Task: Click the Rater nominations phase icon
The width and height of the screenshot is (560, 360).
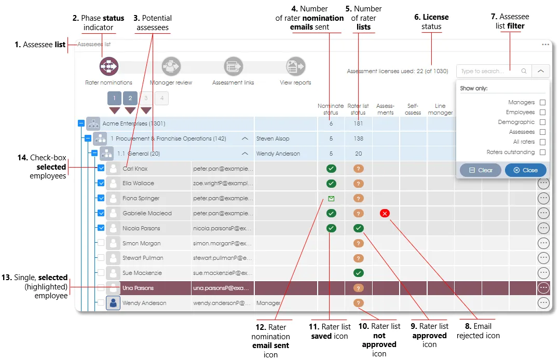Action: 109,66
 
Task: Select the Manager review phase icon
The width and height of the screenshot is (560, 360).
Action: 171,66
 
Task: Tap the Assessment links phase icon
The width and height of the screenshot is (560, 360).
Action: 234,66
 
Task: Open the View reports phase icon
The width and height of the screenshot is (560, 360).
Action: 295,66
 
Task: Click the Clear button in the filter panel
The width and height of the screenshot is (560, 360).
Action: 480,170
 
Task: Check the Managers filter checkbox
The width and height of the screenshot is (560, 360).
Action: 542,103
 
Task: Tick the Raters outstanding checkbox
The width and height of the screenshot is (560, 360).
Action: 542,153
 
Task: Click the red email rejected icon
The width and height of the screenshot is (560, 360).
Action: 385,213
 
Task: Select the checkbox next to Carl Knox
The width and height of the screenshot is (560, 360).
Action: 101,169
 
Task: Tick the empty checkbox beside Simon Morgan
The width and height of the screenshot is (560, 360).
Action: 101,243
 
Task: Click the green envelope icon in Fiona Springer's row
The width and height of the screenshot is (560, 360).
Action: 331,198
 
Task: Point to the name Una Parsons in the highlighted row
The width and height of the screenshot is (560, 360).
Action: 138,288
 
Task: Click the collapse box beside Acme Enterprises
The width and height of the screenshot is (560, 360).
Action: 81,123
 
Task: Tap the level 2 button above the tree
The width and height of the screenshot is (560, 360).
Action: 130,98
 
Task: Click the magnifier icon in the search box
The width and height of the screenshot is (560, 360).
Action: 524,71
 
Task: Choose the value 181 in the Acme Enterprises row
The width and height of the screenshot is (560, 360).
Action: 358,123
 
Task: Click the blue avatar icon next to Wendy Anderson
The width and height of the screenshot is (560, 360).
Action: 113,303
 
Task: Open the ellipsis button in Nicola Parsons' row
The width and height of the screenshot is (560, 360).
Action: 543,228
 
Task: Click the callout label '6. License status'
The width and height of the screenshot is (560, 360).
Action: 431,22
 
